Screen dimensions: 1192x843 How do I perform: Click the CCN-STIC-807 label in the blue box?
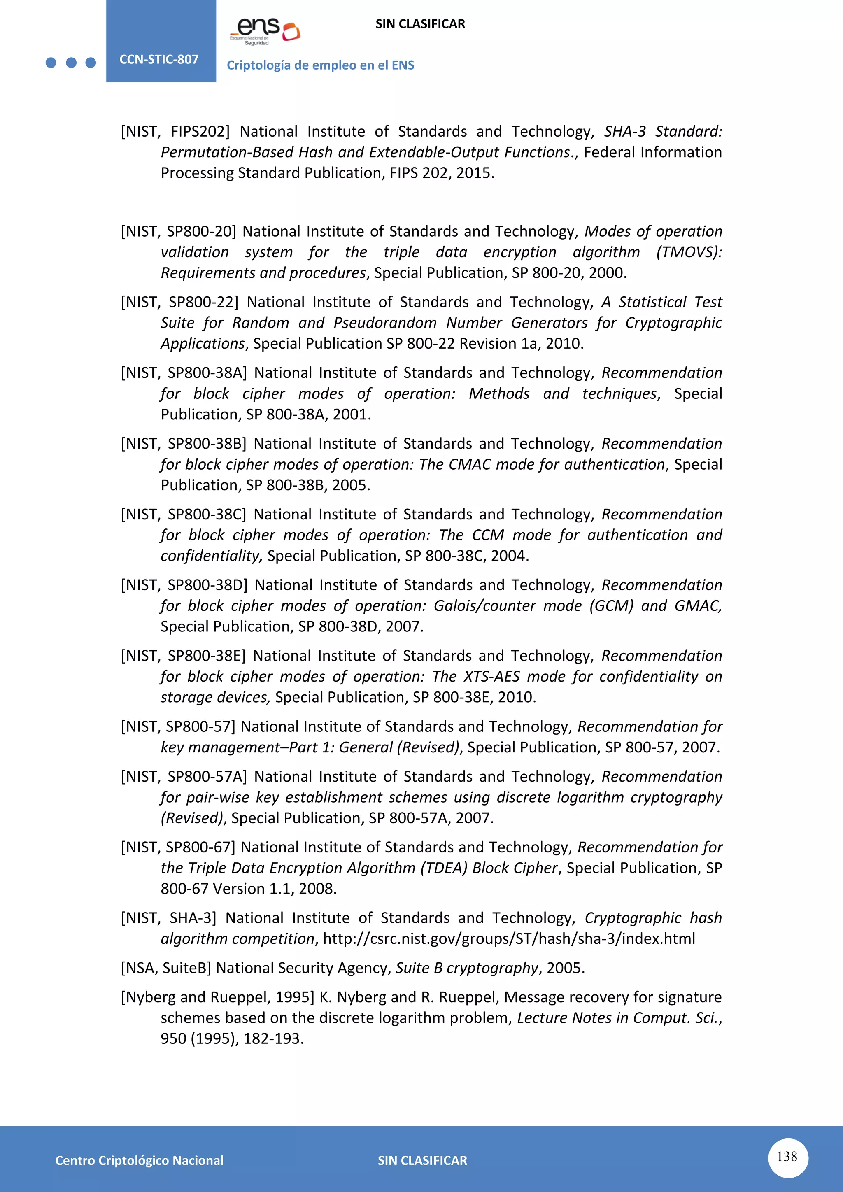tap(159, 59)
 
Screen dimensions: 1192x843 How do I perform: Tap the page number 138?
tap(787, 1157)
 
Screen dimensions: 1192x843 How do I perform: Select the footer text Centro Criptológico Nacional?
tap(139, 1160)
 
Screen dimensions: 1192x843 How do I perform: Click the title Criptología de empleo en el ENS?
tap(320, 65)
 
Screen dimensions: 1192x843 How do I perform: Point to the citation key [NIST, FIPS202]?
tap(175, 131)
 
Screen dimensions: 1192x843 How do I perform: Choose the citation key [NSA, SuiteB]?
tap(166, 968)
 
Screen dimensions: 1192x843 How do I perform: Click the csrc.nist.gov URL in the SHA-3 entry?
tap(509, 938)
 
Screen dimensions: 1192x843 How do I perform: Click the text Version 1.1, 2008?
tap(275, 889)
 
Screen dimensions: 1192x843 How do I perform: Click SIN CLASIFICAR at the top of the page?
tap(420, 24)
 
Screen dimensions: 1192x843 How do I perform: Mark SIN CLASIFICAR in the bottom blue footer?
tap(422, 1160)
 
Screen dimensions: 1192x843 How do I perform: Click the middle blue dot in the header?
tap(71, 63)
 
